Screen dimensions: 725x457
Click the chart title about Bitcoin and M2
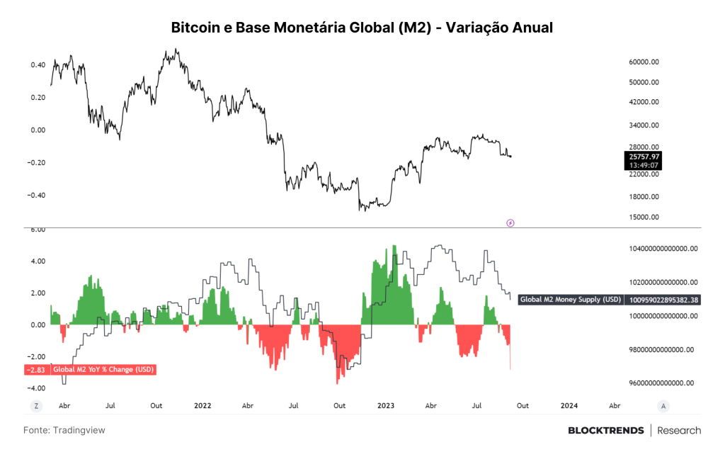coord(362,28)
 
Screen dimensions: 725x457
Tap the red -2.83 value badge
coord(36,370)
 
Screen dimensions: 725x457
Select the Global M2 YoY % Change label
coord(103,370)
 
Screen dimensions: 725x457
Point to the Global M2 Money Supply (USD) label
coord(571,300)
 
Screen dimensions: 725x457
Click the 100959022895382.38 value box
coord(663,300)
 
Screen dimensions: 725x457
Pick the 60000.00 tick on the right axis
coord(644,62)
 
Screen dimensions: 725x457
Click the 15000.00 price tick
coord(644,217)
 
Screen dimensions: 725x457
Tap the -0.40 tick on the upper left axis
coord(37,195)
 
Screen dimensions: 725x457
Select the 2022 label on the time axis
coord(202,406)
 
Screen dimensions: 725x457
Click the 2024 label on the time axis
coord(569,406)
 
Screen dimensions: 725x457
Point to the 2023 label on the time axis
coord(386,406)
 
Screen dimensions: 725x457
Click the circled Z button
coord(36,406)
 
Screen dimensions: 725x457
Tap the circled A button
coord(663,406)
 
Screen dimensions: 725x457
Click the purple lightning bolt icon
coord(510,223)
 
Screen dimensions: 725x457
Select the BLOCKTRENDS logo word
coord(606,431)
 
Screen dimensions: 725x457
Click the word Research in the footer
coord(679,431)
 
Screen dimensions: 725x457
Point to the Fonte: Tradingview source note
coord(64,430)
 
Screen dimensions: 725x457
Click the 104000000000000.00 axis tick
coord(663,249)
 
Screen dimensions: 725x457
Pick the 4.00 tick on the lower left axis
coord(38,261)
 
